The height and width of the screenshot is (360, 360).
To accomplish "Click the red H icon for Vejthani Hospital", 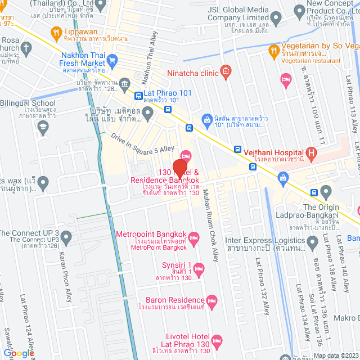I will [310, 152].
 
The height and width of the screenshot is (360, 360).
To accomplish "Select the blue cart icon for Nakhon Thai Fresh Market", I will [112, 59].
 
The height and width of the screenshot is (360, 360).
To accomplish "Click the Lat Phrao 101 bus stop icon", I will [138, 95].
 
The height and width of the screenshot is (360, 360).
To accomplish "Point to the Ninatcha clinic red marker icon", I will [226, 71].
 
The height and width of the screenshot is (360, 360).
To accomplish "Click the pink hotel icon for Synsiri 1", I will [199, 269].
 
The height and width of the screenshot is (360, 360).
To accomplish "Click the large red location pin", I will [179, 169].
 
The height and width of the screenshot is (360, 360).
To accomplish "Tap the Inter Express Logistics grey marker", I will [313, 242].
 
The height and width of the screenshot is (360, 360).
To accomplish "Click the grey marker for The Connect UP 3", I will [67, 238].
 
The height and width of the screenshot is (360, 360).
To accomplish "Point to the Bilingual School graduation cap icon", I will [42, 128].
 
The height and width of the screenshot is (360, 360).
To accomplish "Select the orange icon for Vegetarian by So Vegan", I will [273, 49].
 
